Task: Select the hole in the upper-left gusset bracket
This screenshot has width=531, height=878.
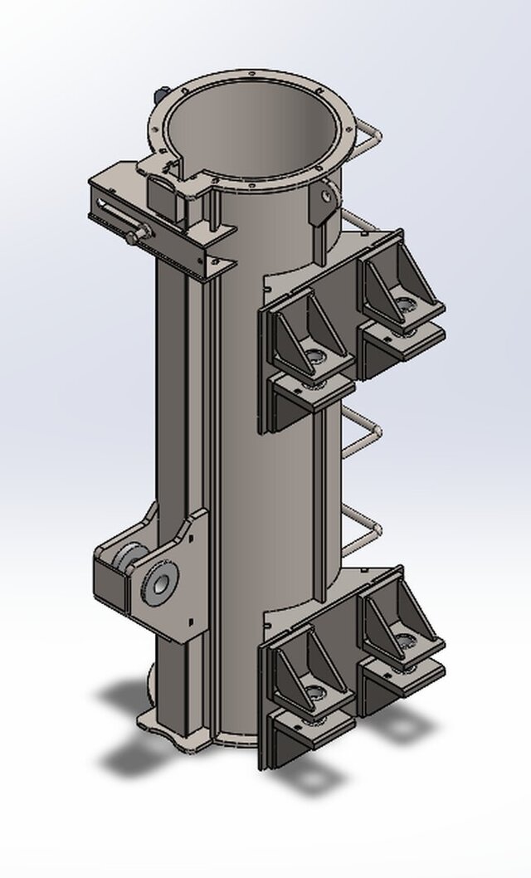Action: (316, 359)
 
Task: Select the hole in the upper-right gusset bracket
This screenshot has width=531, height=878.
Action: (406, 307)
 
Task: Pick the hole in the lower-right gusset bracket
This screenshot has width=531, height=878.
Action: (406, 641)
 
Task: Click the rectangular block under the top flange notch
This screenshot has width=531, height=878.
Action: (162, 198)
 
